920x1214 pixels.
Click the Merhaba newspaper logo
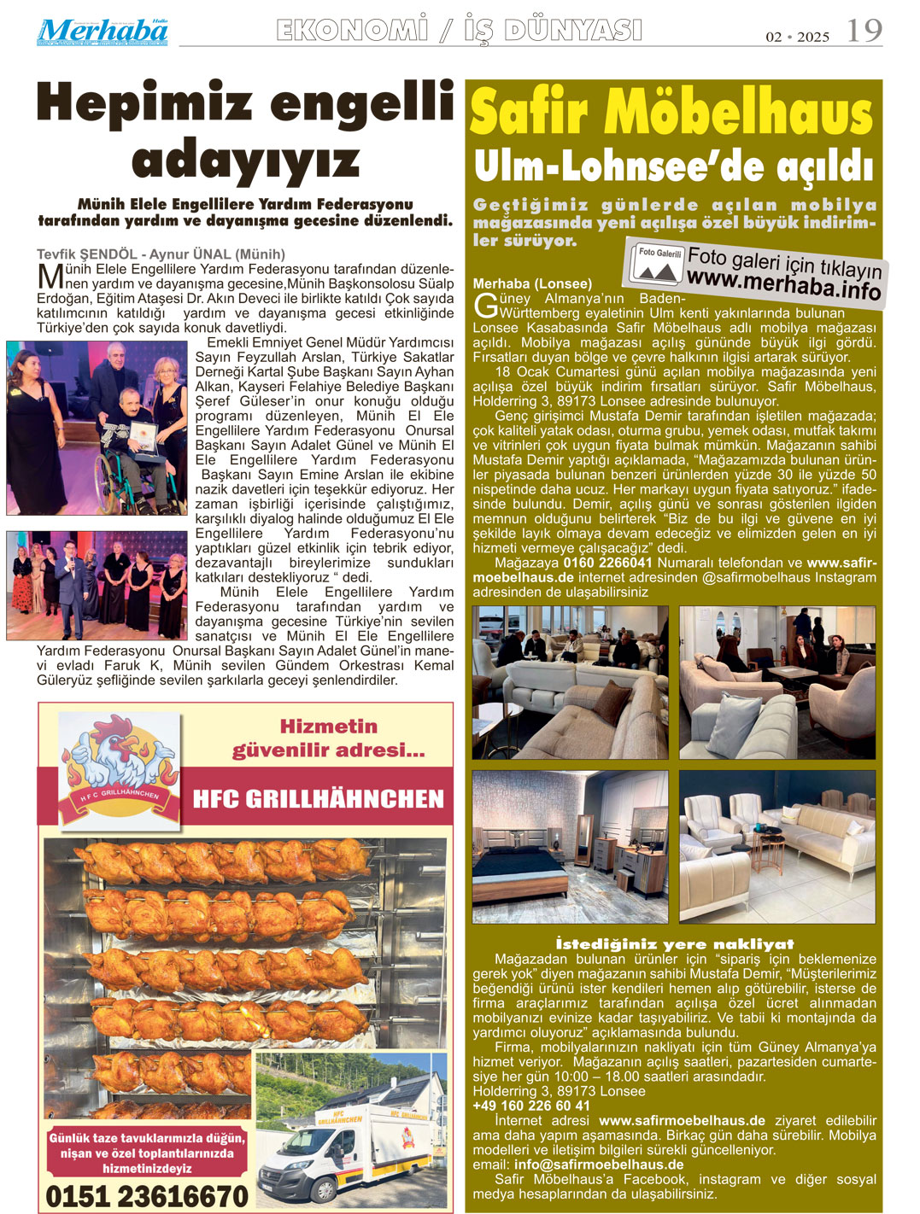(103, 32)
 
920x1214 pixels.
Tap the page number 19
(864, 32)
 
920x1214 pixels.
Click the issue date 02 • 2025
(797, 37)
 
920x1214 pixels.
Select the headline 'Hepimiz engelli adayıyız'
(245, 130)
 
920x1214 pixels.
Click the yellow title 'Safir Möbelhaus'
(671, 114)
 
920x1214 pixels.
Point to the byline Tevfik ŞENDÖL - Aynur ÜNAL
(161, 254)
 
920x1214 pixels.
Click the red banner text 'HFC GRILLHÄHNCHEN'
(319, 799)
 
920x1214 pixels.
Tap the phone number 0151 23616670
(146, 1196)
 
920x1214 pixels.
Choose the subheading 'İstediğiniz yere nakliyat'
(674, 943)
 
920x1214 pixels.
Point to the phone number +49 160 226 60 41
(531, 1106)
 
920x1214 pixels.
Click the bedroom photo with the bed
(570, 847)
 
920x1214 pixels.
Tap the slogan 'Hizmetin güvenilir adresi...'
(329, 738)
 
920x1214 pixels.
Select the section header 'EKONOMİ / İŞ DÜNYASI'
(459, 32)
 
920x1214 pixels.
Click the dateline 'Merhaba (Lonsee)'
(531, 283)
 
